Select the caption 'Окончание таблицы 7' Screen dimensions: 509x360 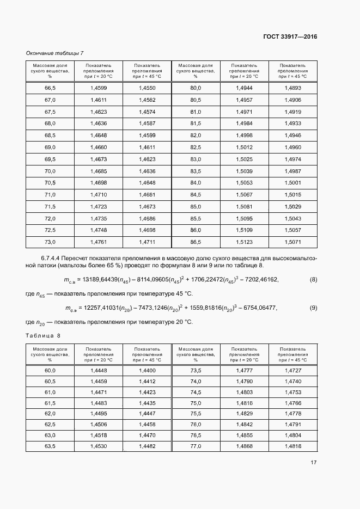55,53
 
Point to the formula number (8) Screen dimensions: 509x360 313,280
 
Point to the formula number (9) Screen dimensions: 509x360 313,308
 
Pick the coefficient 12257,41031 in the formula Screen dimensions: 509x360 102,308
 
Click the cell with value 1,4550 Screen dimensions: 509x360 147,88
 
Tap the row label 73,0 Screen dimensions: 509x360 50,241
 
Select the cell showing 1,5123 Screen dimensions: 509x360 244,241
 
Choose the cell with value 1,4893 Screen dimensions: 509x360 292,88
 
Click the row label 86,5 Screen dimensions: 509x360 196,241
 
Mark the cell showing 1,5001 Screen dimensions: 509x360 292,182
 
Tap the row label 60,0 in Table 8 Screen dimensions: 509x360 50,370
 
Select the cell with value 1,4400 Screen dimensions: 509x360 147,370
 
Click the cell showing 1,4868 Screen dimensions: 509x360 244,446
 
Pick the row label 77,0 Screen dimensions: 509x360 196,446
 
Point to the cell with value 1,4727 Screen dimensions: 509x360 292,370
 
